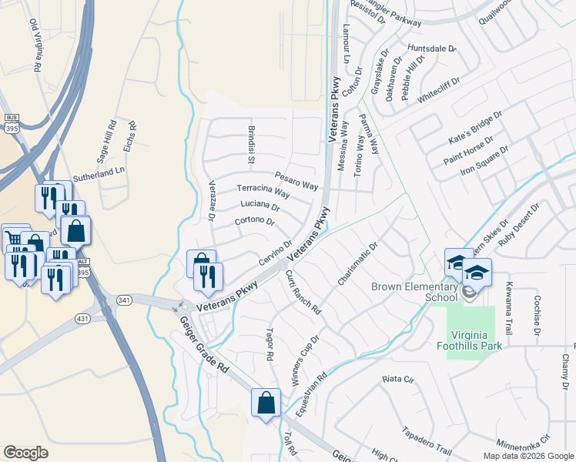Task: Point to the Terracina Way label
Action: click(263, 191)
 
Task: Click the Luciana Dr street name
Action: click(260, 206)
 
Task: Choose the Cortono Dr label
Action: click(254, 221)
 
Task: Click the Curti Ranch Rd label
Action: click(303, 290)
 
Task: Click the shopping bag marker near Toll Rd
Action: click(266, 402)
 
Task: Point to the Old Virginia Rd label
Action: click(35, 48)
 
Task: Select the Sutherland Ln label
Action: click(99, 176)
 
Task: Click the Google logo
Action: click(25, 453)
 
